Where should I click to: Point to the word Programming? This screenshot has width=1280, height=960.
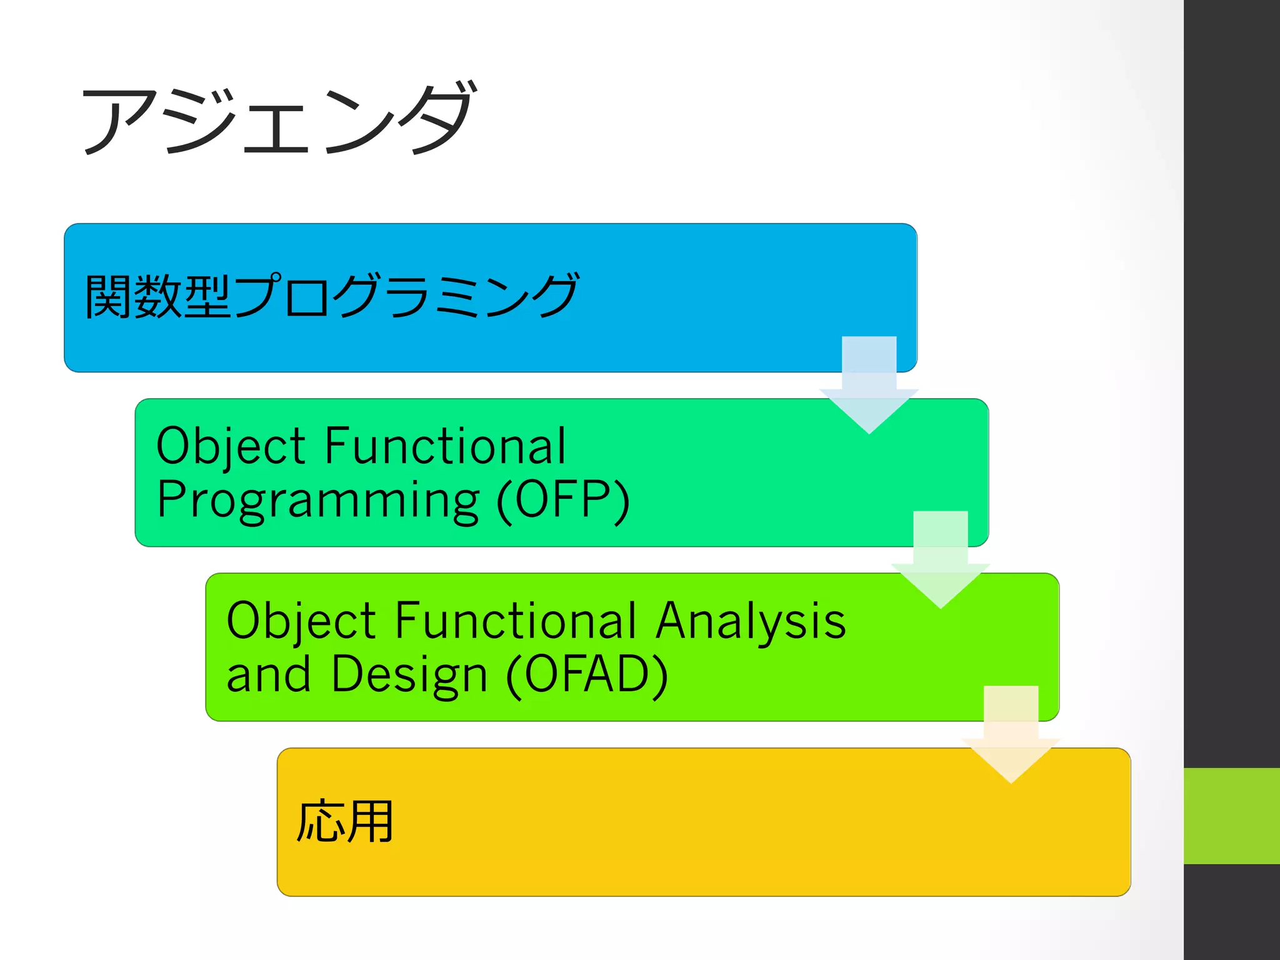[x=317, y=501]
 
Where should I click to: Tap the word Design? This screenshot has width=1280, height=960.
[x=409, y=675]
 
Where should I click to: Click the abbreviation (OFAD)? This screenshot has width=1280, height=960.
[x=587, y=675]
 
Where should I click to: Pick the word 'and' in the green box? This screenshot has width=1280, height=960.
[x=268, y=675]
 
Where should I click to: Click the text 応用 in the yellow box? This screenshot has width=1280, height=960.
[x=344, y=821]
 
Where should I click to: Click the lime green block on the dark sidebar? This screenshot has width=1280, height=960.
[x=1231, y=816]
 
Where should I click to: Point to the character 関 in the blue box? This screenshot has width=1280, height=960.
[x=108, y=296]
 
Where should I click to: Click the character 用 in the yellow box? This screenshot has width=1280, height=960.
[x=370, y=821]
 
